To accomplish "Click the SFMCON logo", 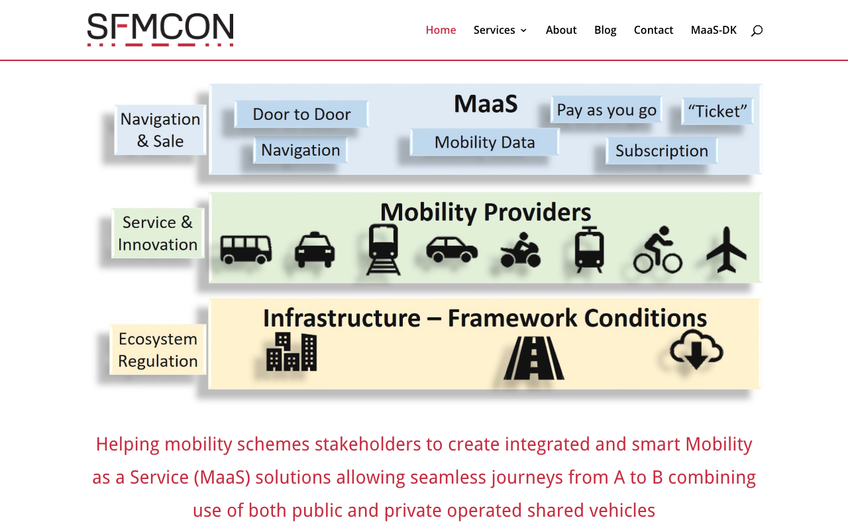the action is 160,30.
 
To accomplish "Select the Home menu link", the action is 441,30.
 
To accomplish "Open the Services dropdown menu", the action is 500,30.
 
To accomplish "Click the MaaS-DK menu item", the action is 714,30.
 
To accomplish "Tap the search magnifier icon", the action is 757,30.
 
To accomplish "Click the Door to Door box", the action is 301,114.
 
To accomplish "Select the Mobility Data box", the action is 484,142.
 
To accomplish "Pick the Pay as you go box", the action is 606,110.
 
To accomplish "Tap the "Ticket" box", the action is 717,111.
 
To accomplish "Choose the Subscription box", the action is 662,150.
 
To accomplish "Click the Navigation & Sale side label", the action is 160,130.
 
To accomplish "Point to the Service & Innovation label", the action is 158,233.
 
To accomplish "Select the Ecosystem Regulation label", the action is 158,349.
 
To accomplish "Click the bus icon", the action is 246,250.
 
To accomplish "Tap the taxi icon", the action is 315,250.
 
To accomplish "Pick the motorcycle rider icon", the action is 521,250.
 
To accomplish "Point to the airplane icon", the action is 727,250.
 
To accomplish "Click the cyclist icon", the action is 658,250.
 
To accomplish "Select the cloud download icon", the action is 696,349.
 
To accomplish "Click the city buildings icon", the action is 291,352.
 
